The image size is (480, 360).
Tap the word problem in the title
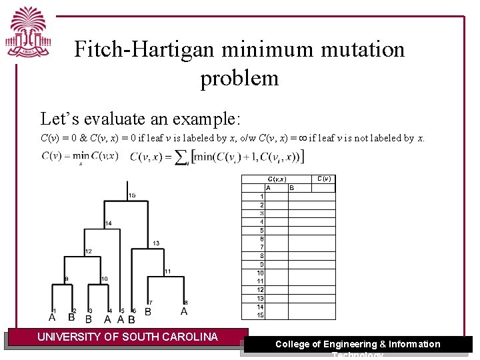click(x=239, y=78)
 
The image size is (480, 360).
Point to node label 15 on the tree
click(x=132, y=195)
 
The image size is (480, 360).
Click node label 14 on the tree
click(x=108, y=223)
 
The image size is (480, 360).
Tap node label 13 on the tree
click(x=156, y=243)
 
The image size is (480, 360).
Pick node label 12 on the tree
click(x=88, y=251)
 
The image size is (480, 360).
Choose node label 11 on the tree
click(x=167, y=271)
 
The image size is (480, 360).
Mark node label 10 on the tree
click(x=105, y=278)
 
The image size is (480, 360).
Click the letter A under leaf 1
click(x=52, y=317)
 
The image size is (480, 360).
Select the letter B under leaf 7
click(x=148, y=311)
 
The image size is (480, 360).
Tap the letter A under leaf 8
click(x=184, y=311)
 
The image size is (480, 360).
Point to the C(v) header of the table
click(x=324, y=179)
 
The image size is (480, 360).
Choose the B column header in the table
click(x=291, y=188)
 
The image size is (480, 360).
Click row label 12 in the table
click(x=261, y=290)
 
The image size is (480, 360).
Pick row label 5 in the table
click(x=262, y=230)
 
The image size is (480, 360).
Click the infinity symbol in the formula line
click(x=303, y=139)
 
